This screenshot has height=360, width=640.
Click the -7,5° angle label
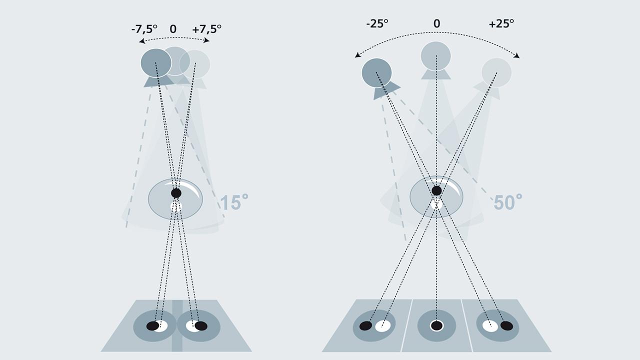[x=144, y=29]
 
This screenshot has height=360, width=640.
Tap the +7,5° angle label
[x=206, y=29]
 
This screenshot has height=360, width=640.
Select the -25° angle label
[x=377, y=23]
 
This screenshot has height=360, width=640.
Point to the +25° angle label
[x=501, y=23]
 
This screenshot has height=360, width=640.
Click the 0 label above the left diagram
[x=173, y=29]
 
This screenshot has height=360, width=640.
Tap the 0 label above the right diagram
[x=436, y=23]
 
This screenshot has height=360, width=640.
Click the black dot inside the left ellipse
[x=176, y=193]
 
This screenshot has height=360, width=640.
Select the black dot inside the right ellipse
[x=436, y=190]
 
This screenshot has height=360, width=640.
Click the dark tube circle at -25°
[x=376, y=72]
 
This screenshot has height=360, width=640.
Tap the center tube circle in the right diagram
[x=436, y=55]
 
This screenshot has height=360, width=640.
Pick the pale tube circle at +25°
[x=496, y=72]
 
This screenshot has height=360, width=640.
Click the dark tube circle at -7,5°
[x=156, y=63]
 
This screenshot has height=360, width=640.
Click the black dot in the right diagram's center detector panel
[x=436, y=326]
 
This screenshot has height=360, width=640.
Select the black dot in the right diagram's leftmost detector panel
[x=365, y=326]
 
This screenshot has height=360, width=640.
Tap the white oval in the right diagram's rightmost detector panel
[x=490, y=326]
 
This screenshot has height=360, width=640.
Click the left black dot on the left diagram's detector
[x=152, y=326]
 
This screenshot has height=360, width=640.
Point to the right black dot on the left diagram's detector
[x=201, y=326]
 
